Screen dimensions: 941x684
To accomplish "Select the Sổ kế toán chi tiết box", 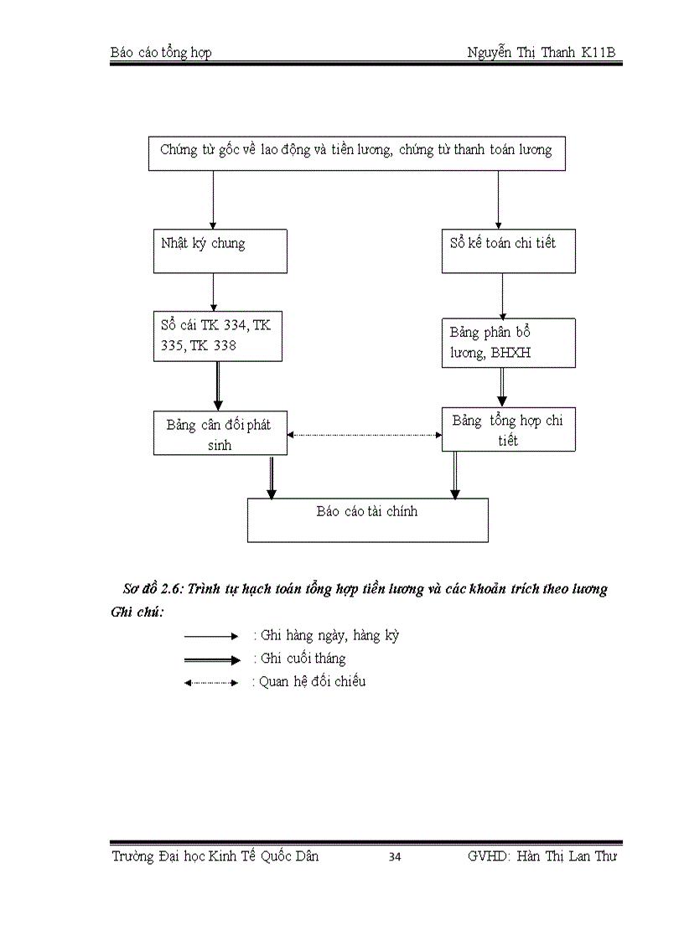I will point(508,250).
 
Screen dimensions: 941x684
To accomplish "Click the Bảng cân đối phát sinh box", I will point(220,433).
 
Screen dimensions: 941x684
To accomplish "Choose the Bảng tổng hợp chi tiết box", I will point(508,430).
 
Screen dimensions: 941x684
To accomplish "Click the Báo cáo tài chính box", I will point(367,520).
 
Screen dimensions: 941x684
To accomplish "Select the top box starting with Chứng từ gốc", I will point(356,153).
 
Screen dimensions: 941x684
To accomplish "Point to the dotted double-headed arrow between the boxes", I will point(365,435).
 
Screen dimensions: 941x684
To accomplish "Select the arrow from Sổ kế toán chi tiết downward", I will point(502,295).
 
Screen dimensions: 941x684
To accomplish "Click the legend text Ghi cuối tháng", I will point(299,659).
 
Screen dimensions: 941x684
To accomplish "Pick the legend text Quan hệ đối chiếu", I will point(308,681).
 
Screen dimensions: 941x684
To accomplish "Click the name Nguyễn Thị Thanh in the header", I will point(521,53).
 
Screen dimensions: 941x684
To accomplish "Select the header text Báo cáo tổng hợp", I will point(161,53).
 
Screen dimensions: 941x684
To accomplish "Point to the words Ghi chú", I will point(137,611).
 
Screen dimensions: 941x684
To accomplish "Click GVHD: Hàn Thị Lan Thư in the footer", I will point(542,856).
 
